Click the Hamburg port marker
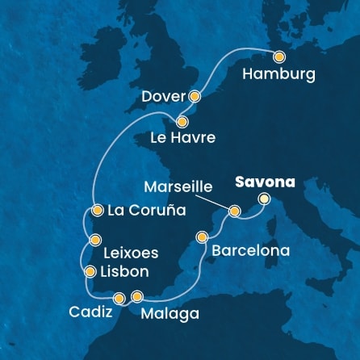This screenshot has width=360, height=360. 279,57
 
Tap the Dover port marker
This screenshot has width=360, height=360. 194,95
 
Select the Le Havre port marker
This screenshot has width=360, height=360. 182,123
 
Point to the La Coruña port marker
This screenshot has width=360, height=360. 97,211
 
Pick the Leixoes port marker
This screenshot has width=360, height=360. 96,239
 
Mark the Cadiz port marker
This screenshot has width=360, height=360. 119,298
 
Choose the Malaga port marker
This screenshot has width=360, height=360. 137,296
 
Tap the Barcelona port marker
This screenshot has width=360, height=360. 203,237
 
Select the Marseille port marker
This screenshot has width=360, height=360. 234,211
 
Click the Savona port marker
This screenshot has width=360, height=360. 264,199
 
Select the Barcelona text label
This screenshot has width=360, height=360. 250,251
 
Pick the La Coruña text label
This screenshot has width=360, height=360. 146,211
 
